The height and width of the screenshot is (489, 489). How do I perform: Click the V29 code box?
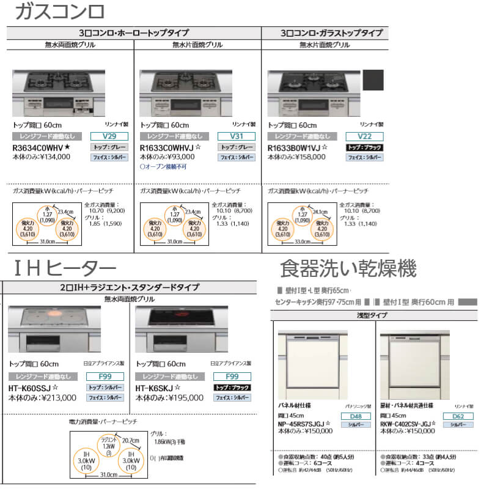click(107, 136)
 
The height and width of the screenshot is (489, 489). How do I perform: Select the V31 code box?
click(235, 136)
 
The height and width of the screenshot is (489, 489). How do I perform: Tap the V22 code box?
click(363, 136)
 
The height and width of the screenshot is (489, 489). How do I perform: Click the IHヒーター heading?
click(64, 267)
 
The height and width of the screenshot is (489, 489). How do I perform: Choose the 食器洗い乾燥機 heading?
click(348, 268)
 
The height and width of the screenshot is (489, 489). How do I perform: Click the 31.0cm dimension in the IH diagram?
click(108, 474)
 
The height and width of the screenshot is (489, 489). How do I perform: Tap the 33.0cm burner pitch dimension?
click(300, 241)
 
